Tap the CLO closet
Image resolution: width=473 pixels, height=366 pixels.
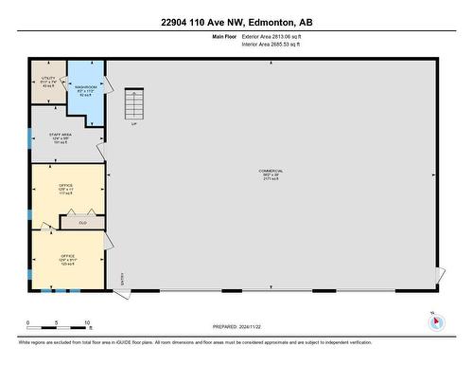pos(83,223)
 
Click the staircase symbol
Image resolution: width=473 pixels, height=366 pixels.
pos(135,103)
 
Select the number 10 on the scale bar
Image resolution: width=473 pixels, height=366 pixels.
pos(87,322)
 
